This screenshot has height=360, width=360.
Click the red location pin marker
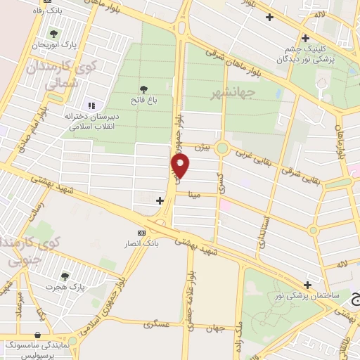click(x=181, y=166)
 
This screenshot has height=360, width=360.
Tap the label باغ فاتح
click(x=144, y=101)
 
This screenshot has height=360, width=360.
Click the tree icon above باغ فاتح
click(x=144, y=89)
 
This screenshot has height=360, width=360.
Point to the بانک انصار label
click(x=143, y=243)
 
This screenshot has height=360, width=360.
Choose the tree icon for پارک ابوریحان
click(x=53, y=33)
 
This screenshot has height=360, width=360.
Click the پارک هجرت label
click(x=65, y=288)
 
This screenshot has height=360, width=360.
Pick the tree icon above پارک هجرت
click(x=65, y=276)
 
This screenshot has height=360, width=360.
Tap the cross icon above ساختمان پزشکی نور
click(x=307, y=284)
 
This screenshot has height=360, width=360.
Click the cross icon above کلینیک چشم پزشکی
click(x=305, y=38)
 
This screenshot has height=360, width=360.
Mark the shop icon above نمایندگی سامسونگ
click(x=37, y=335)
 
